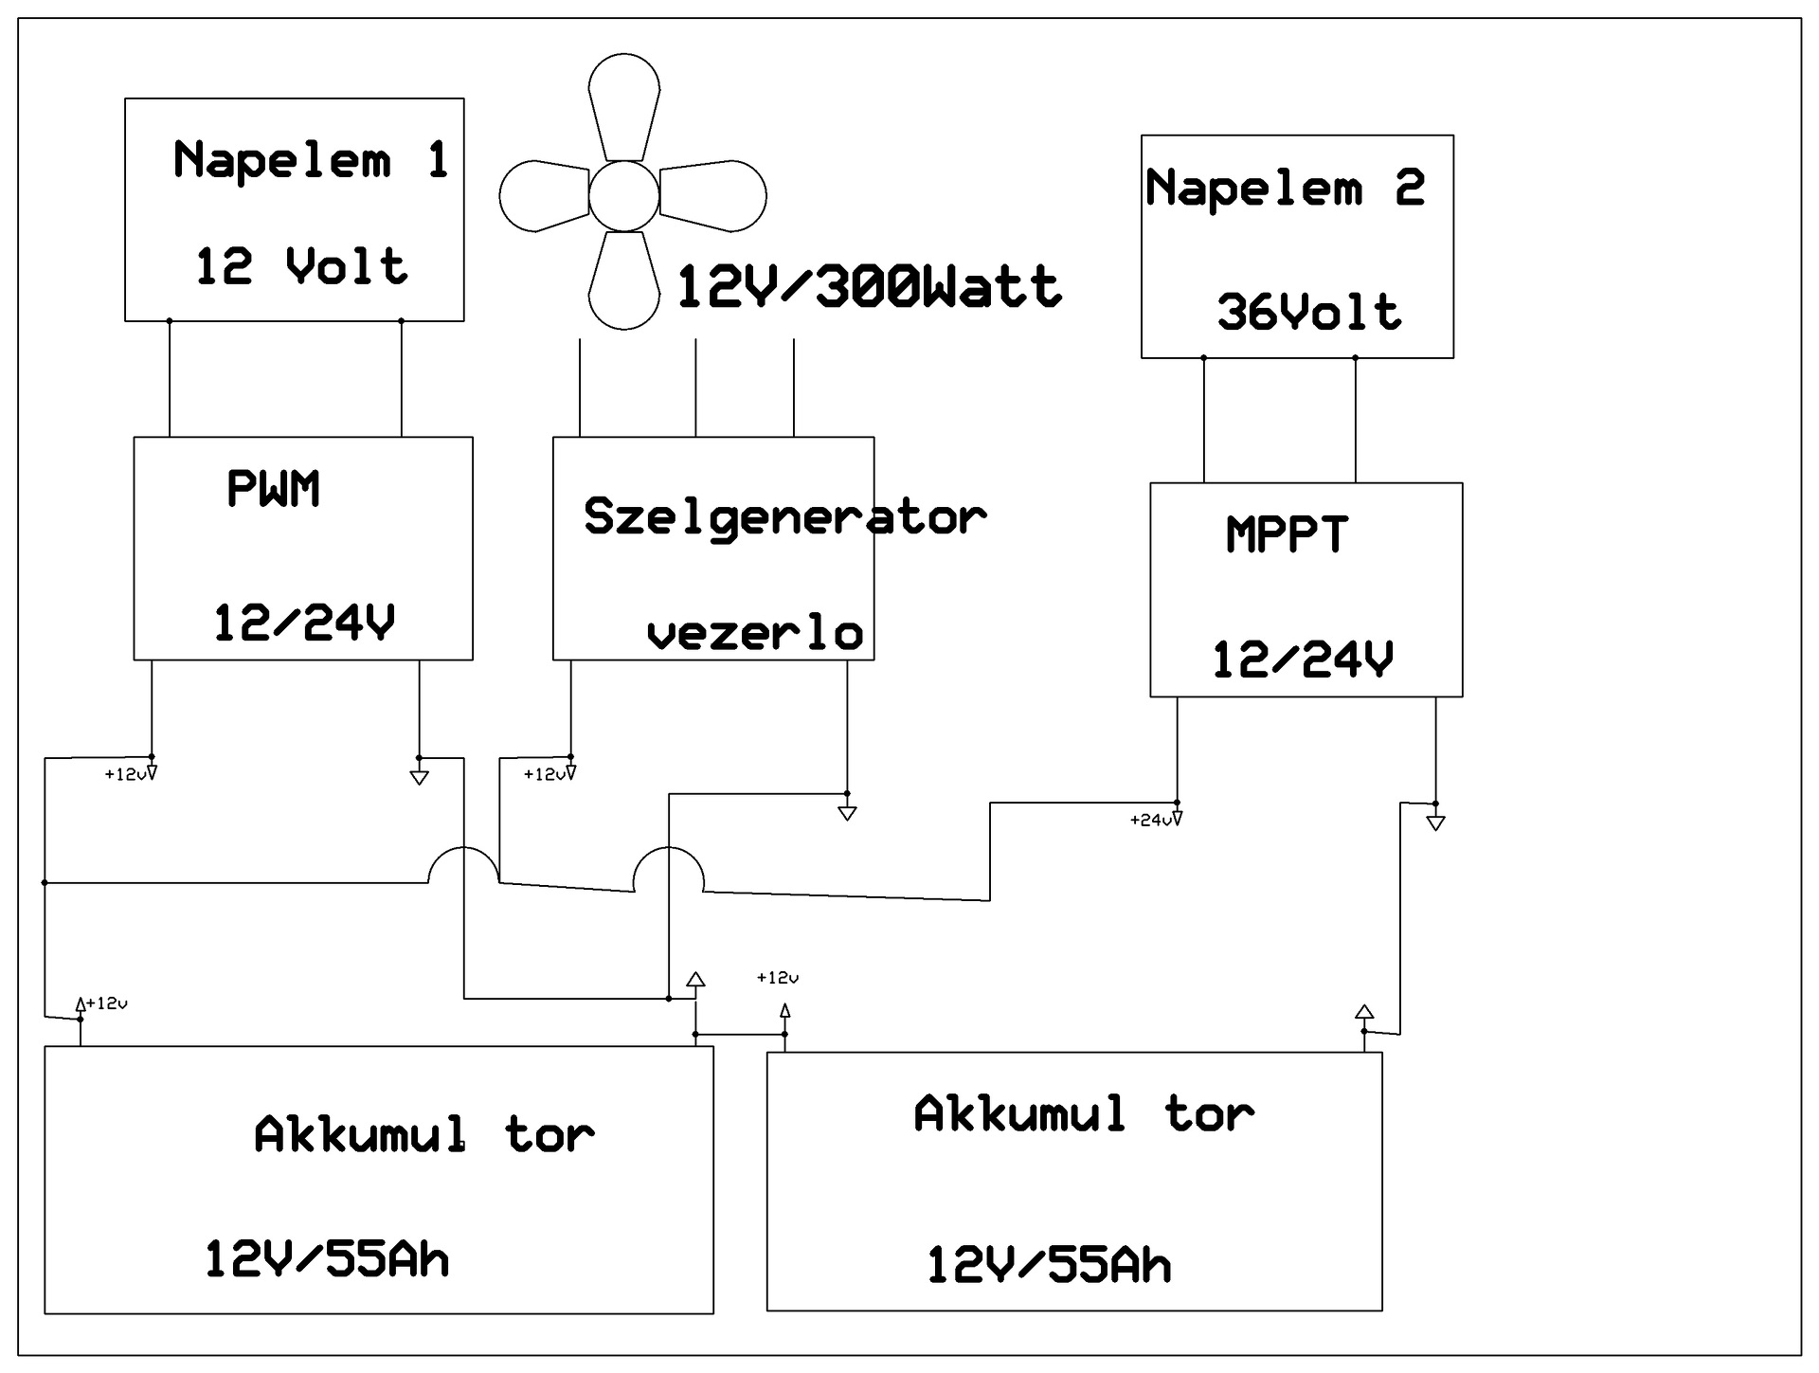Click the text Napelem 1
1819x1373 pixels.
(x=310, y=159)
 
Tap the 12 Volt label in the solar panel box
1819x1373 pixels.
(x=301, y=265)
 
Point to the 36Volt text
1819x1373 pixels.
(x=1308, y=312)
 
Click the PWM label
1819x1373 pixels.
(x=273, y=489)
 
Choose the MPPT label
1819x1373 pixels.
(x=1287, y=533)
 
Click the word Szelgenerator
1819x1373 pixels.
(x=785, y=517)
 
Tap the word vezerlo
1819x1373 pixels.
(x=755, y=633)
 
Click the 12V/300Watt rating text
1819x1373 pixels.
(x=870, y=286)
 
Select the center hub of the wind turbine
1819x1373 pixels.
(x=623, y=196)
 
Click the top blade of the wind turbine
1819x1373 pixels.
(x=623, y=106)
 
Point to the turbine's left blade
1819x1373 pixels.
(x=545, y=196)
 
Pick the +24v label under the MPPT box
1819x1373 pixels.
(x=1151, y=820)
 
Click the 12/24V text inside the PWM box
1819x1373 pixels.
(x=303, y=623)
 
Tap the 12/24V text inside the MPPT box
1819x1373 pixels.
(x=1303, y=659)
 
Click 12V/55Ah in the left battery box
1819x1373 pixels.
(x=327, y=1259)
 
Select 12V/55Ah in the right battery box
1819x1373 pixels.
(x=1049, y=1265)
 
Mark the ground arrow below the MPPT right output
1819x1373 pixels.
(x=1435, y=823)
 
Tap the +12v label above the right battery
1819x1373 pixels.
(x=778, y=978)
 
